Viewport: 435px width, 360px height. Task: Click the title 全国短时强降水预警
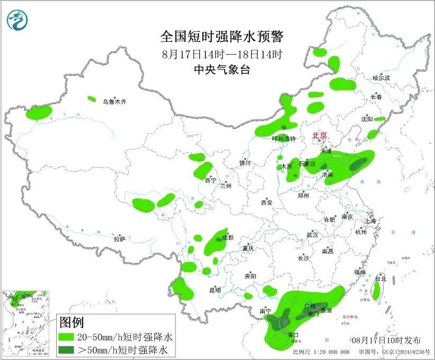pyautogui.click(x=223, y=37)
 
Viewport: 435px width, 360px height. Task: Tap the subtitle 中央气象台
pyautogui.click(x=222, y=69)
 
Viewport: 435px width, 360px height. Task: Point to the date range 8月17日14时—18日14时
pyautogui.click(x=222, y=54)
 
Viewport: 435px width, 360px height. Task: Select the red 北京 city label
pyautogui.click(x=320, y=135)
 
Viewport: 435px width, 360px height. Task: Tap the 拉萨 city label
pyautogui.click(x=119, y=239)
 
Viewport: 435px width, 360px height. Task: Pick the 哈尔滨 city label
pyautogui.click(x=381, y=78)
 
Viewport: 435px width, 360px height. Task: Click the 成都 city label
pyautogui.click(x=227, y=238)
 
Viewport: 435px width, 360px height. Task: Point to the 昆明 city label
pyautogui.click(x=214, y=290)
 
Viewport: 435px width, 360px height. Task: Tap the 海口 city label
pyautogui.click(x=292, y=335)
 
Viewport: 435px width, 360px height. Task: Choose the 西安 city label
pyautogui.click(x=267, y=203)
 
